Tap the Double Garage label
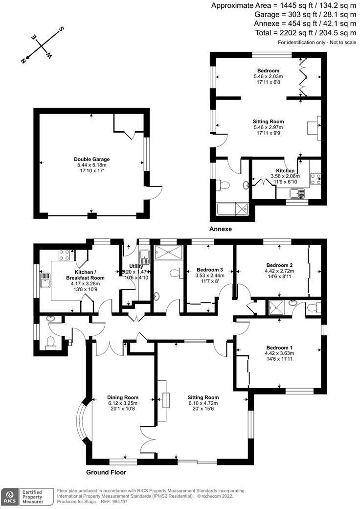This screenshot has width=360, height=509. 91,159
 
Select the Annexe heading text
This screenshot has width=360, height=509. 220,229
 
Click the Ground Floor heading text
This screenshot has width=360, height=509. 106,472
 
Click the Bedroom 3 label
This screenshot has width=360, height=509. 210,270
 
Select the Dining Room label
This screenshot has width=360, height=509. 123,397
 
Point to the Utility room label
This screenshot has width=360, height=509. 135,266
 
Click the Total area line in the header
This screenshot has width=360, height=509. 305,33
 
